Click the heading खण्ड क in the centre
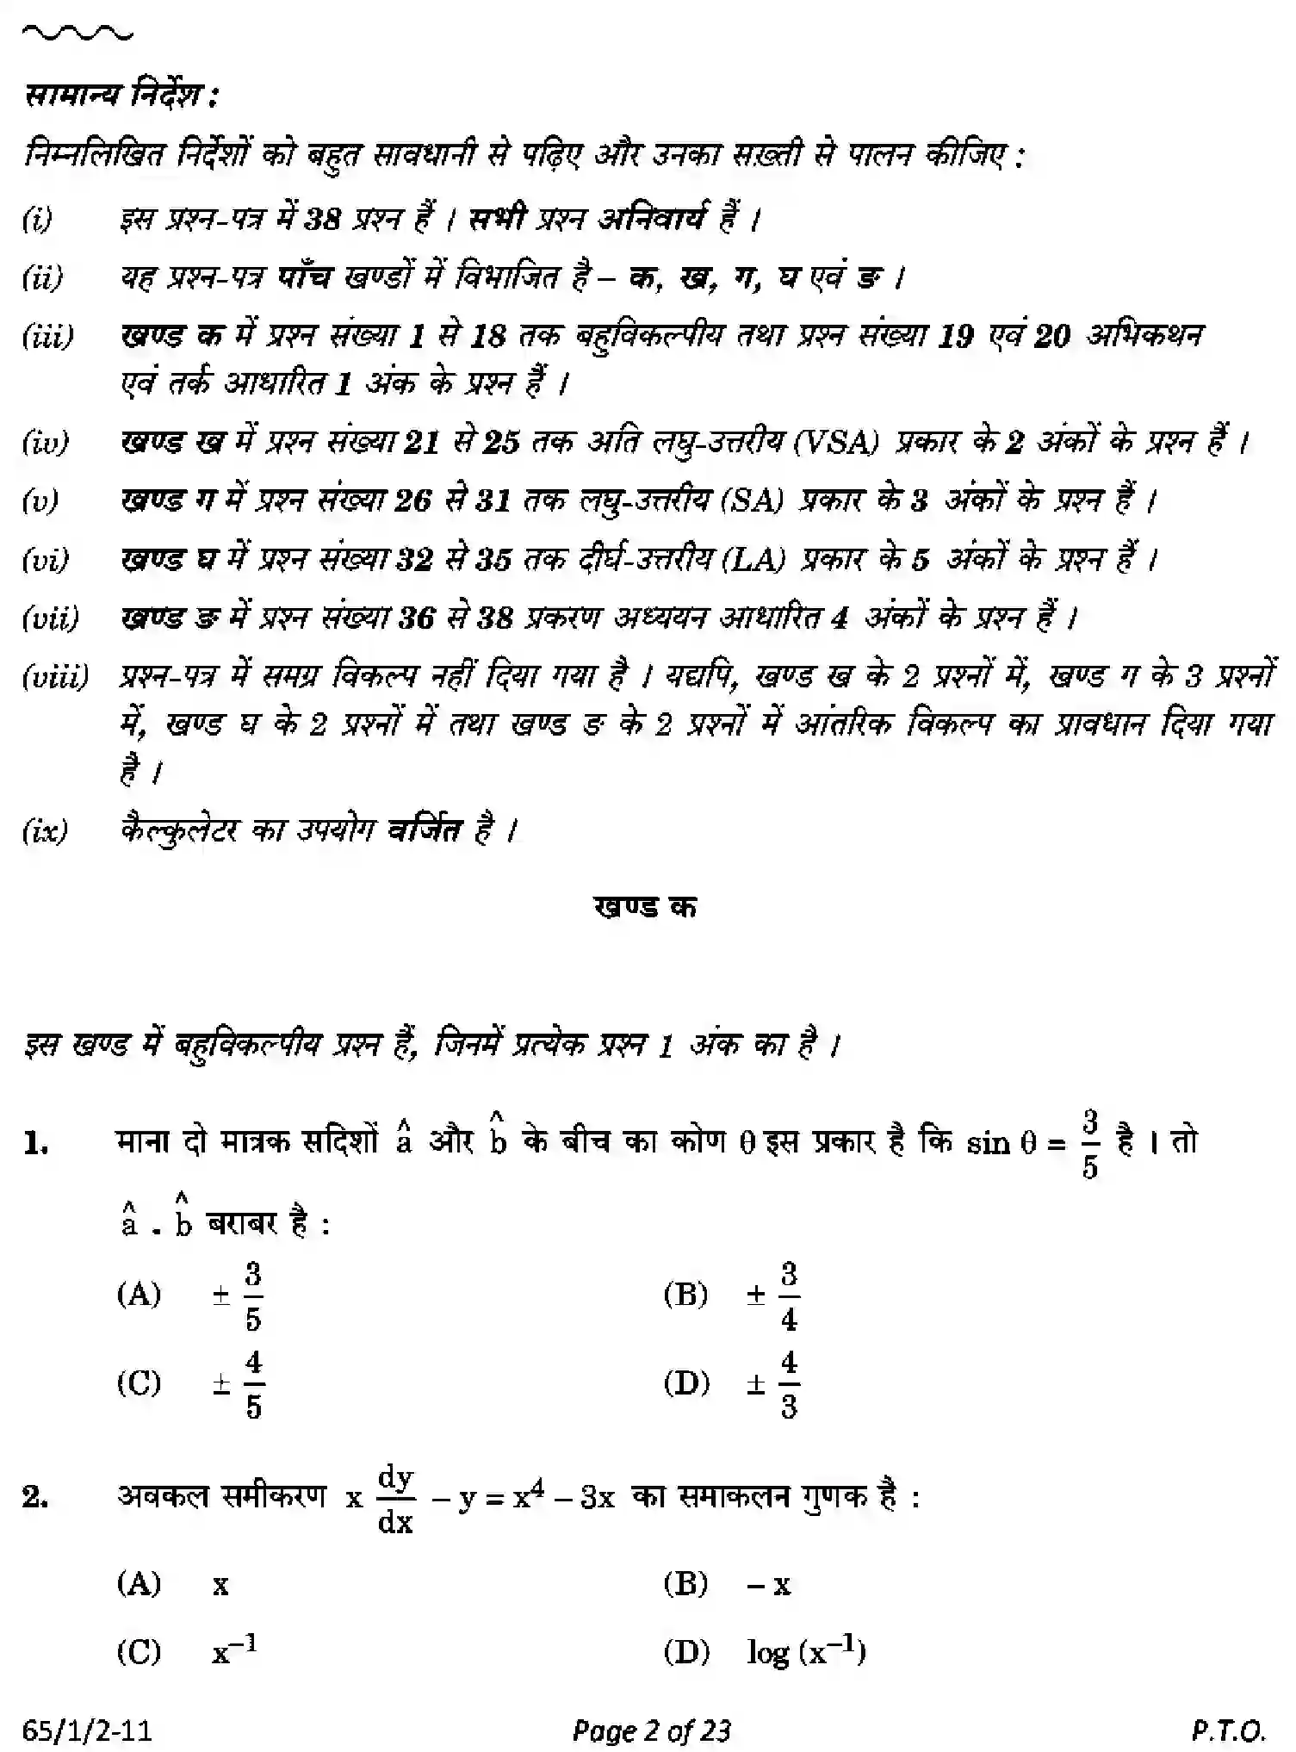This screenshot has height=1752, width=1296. click(x=645, y=907)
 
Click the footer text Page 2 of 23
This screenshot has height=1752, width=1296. click(x=651, y=1728)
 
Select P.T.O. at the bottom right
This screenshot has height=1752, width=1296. click(x=1229, y=1728)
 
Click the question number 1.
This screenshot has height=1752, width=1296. click(x=36, y=1144)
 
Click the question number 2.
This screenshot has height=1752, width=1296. click(x=36, y=1498)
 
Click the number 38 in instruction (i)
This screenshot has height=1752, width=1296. click(x=323, y=221)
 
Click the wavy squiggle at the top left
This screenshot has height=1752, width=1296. click(x=78, y=35)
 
